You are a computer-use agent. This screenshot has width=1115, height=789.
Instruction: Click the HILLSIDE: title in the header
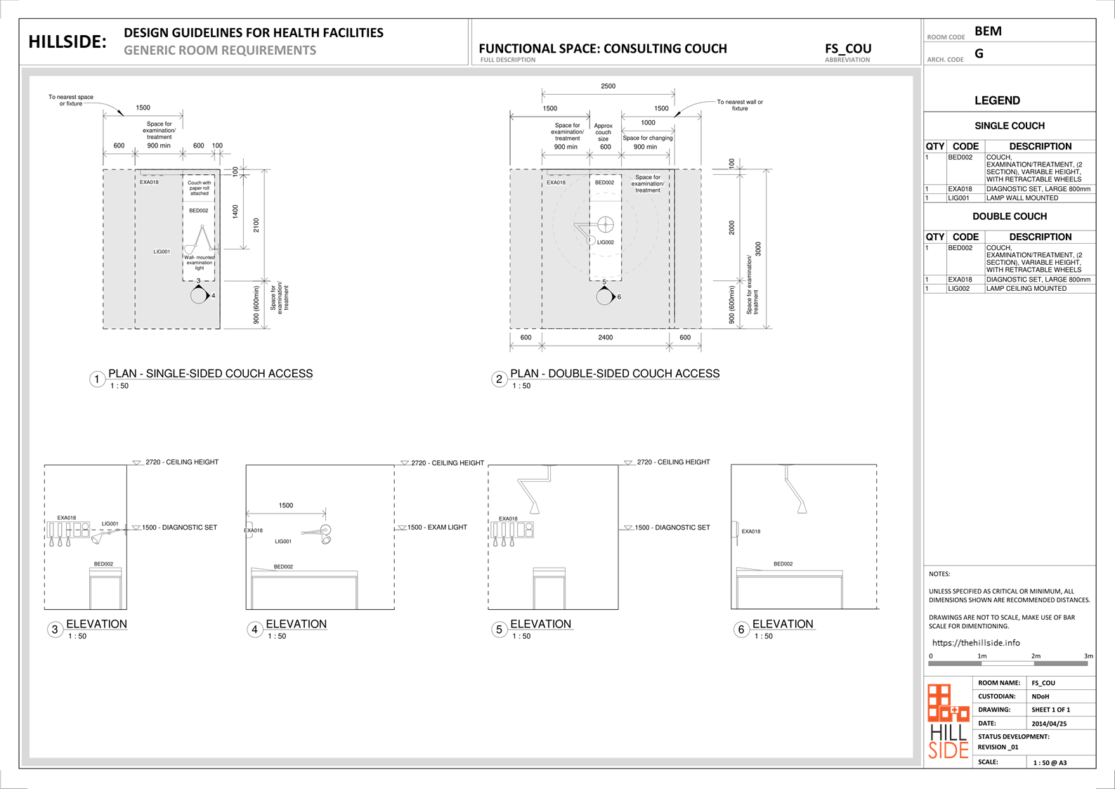click(x=67, y=42)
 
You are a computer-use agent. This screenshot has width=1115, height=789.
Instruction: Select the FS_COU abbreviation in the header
click(x=848, y=48)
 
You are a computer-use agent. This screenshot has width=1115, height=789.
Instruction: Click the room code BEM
click(x=988, y=32)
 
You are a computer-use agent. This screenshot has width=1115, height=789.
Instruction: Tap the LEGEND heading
click(x=997, y=100)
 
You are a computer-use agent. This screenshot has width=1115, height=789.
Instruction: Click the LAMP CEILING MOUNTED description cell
click(x=1026, y=289)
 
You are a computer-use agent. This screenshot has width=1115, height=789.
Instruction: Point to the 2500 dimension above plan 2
click(x=608, y=86)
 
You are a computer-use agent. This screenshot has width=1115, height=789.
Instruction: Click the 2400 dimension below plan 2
click(x=605, y=338)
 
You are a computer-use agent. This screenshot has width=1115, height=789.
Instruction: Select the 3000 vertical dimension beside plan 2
click(x=758, y=249)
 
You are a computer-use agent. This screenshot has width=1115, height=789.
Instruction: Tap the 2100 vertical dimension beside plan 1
click(x=256, y=225)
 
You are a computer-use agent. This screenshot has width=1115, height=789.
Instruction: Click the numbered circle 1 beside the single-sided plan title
click(x=97, y=379)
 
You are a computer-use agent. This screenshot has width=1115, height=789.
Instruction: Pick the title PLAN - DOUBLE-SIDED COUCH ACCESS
click(x=615, y=374)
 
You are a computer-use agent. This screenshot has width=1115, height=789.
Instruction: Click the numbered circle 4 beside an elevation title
click(x=254, y=630)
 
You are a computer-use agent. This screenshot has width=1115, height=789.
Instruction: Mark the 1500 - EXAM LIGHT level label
click(x=437, y=528)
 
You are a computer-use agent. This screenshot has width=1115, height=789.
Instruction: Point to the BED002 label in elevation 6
click(x=783, y=564)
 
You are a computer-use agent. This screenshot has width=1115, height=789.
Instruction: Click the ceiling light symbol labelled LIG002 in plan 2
click(x=605, y=225)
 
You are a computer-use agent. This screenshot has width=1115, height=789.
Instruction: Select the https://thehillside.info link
click(x=976, y=643)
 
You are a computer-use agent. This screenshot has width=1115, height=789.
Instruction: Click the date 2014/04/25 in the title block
click(x=1049, y=724)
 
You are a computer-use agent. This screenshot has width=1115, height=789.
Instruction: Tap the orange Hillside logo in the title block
click(x=948, y=721)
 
